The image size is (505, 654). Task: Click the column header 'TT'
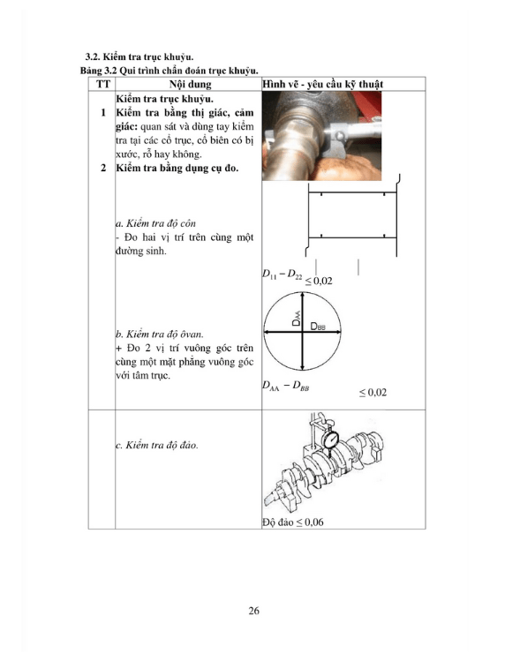pyautogui.click(x=103, y=84)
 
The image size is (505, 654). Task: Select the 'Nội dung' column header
pyautogui.click(x=191, y=84)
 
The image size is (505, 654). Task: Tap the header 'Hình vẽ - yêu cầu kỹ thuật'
pyautogui.click(x=322, y=84)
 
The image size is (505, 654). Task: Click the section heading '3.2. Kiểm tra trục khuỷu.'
pyautogui.click(x=139, y=57)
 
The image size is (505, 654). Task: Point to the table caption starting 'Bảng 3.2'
pyautogui.click(x=170, y=71)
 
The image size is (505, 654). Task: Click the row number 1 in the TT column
pyautogui.click(x=103, y=113)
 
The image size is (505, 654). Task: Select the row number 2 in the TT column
pyautogui.click(x=103, y=168)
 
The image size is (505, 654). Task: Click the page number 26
pyautogui.click(x=253, y=611)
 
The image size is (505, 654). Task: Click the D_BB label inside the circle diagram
pyautogui.click(x=318, y=327)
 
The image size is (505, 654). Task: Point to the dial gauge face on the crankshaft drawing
pyautogui.click(x=332, y=440)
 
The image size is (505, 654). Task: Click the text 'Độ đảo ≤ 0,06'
pyautogui.click(x=293, y=522)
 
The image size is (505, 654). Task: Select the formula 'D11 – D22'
pyautogui.click(x=283, y=274)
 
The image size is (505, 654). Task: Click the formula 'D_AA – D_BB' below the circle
pyautogui.click(x=286, y=386)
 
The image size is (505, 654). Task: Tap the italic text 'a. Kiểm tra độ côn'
pyautogui.click(x=155, y=223)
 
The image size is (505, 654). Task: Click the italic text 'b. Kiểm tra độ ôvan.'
pyautogui.click(x=160, y=335)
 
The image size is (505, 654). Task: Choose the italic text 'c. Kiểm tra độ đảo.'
pyautogui.click(x=157, y=445)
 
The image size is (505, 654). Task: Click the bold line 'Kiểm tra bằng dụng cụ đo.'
pyautogui.click(x=177, y=168)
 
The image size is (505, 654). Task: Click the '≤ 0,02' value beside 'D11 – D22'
pyautogui.click(x=319, y=281)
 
